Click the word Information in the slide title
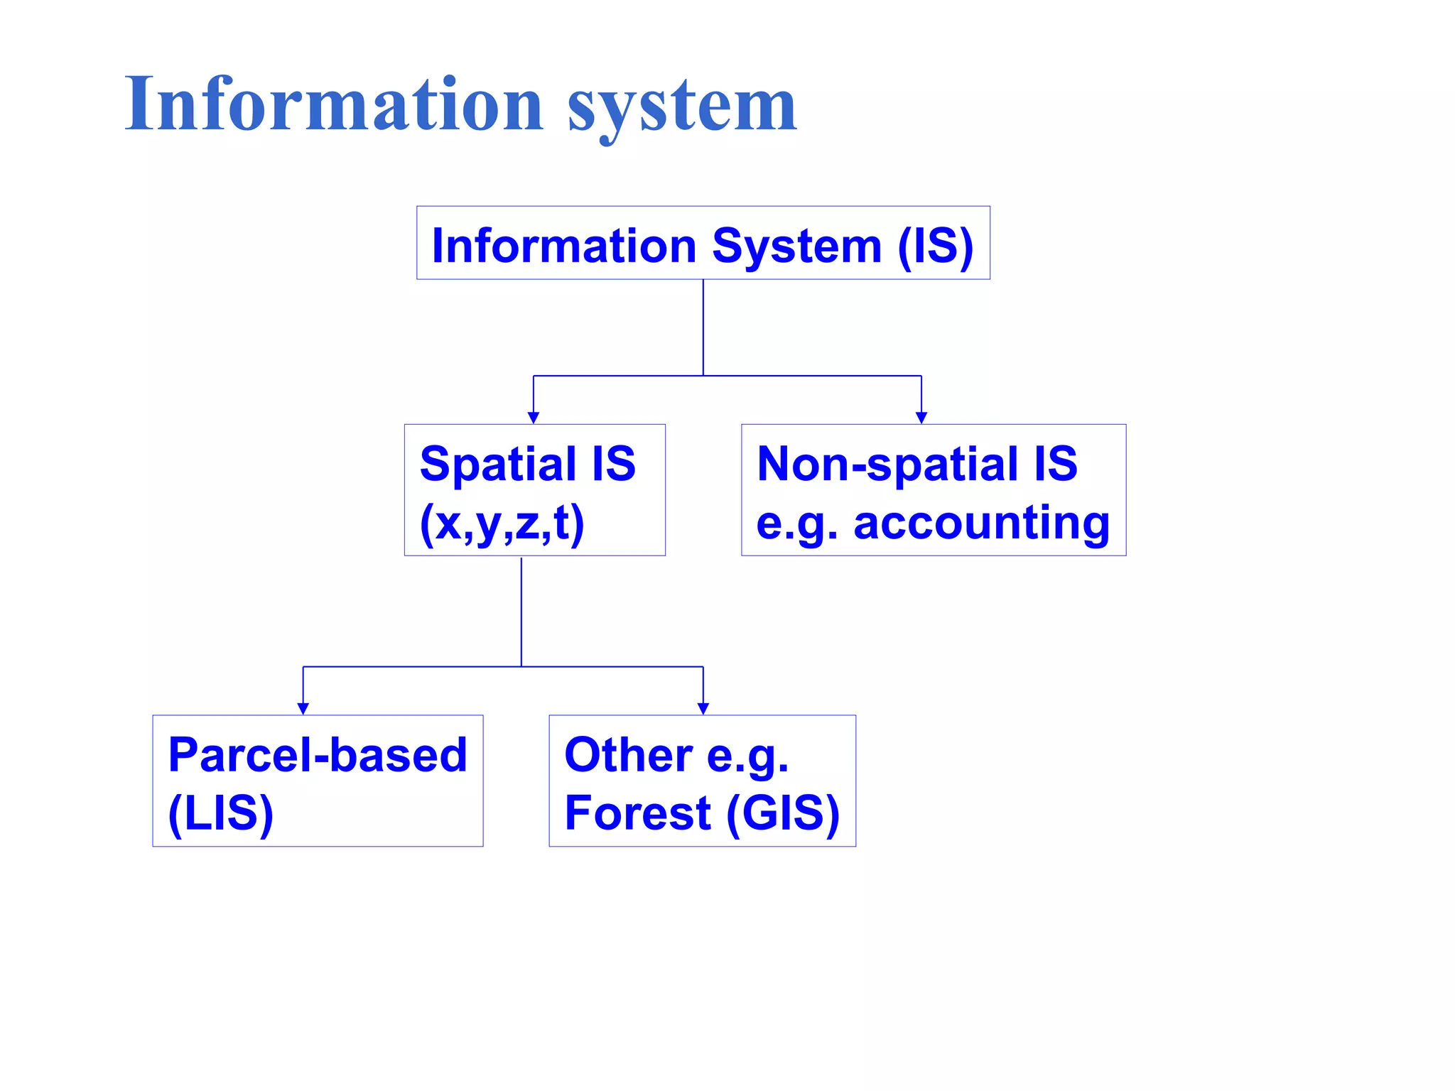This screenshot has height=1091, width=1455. tap(334, 105)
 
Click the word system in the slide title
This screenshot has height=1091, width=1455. tap(682, 107)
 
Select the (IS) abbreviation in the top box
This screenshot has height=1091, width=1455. tap(935, 246)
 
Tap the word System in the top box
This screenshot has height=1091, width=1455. tap(796, 246)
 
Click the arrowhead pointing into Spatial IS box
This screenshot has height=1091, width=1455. tap(534, 418)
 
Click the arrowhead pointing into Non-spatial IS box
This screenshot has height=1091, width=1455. tap(921, 418)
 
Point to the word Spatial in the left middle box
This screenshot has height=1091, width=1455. tap(497, 464)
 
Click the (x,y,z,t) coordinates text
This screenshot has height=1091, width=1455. tap(502, 523)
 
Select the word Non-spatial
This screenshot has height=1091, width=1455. tap(887, 464)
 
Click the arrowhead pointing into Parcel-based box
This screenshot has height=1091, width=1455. tap(303, 708)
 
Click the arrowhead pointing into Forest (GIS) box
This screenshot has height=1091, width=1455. tap(703, 708)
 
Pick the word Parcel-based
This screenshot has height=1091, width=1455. tap(318, 754)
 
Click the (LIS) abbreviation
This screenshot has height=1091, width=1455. tap(221, 813)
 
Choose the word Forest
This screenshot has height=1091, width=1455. tap(637, 813)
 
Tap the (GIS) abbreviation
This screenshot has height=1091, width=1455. tap(783, 813)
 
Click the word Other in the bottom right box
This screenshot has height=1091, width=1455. tap(628, 754)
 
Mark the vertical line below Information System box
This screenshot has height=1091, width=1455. tap(703, 327)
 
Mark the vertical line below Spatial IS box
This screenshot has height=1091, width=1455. tap(521, 611)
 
